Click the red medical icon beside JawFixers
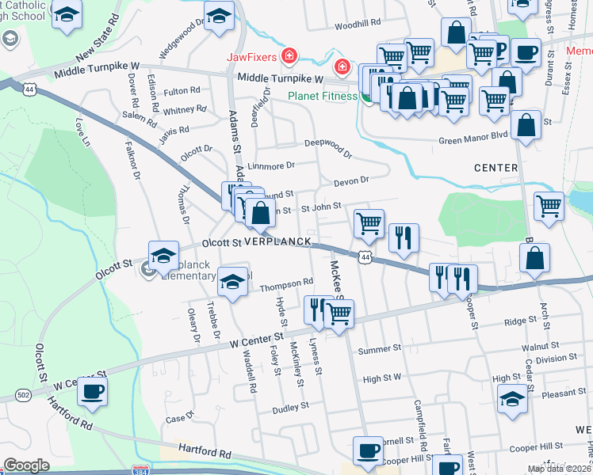(291, 55)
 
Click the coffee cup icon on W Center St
(93, 391)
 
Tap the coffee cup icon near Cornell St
(366, 450)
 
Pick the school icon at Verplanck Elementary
(163, 255)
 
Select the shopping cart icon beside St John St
(369, 224)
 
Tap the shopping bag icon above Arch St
(535, 257)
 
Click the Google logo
(27, 465)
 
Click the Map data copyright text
(558, 469)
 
